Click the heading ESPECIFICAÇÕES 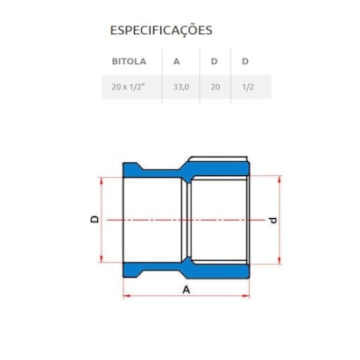161,31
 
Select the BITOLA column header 129,61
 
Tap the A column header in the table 176,61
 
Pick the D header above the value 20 215,61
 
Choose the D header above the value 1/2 245,61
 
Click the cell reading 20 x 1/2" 128,87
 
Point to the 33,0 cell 181,87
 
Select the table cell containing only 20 215,87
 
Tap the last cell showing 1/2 248,87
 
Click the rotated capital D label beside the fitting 95,220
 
